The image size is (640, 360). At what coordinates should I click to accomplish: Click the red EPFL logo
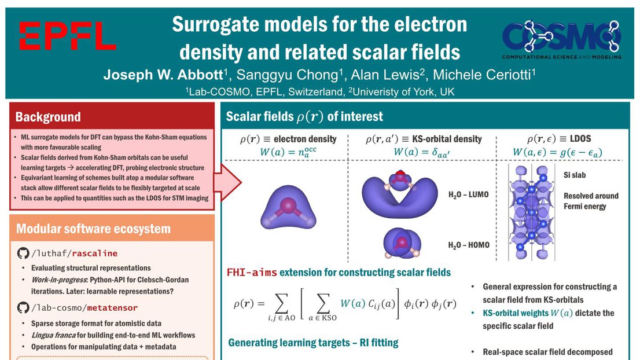[68, 35]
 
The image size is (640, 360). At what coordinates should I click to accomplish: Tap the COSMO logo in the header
[562, 39]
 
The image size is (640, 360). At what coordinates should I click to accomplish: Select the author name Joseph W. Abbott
[163, 75]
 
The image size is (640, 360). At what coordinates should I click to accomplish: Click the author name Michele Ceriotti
[481, 75]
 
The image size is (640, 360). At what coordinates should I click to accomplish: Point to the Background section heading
[48, 117]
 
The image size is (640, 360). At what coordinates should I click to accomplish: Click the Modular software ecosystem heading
[94, 229]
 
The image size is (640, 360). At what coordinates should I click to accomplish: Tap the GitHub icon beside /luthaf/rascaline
[23, 253]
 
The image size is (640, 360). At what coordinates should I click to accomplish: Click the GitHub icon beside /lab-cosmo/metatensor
[23, 307]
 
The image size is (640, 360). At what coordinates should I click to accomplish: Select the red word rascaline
[95, 254]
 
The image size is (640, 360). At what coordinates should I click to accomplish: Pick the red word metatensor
[112, 308]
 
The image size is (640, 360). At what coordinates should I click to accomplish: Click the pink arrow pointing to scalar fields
[227, 182]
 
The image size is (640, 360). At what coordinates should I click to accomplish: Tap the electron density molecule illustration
[288, 207]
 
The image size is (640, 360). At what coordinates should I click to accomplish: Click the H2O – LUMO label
[469, 194]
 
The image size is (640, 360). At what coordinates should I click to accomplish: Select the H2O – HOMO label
[469, 245]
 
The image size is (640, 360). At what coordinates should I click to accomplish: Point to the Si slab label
[575, 175]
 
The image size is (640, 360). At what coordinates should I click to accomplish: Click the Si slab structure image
[531, 212]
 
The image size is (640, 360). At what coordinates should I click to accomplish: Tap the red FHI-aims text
[252, 272]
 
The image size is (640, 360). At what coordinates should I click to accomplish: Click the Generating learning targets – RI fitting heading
[313, 343]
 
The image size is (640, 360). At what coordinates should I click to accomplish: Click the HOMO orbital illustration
[402, 244]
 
